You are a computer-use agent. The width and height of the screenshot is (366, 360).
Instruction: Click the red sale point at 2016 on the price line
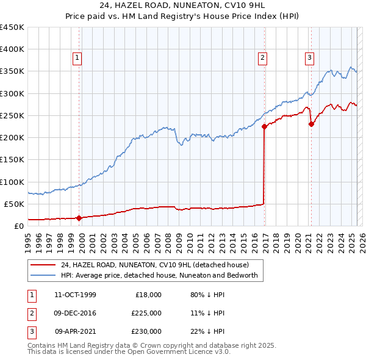coord(264,127)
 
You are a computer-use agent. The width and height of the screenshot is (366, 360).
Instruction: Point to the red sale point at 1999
coord(79,218)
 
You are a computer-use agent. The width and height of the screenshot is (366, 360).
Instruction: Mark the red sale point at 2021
coord(311,124)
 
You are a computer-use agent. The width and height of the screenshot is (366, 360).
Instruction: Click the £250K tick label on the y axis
coord(12,115)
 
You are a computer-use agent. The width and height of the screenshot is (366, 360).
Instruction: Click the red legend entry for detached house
coord(154,265)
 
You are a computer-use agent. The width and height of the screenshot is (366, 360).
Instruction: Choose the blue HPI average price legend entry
coord(159,275)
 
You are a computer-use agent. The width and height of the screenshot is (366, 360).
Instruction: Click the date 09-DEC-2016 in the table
coord(75,313)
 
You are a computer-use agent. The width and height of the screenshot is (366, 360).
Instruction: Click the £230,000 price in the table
coord(146,331)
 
